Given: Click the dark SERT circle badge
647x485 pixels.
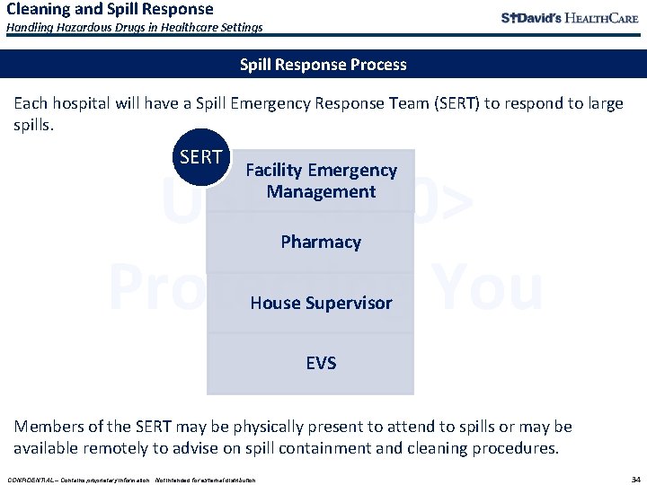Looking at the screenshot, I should tap(200, 157).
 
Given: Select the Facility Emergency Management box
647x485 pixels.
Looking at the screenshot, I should tap(321, 181).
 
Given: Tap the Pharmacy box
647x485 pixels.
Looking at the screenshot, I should tap(321, 242).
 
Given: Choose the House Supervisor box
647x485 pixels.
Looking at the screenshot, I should tap(321, 303).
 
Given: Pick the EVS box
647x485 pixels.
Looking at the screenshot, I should tap(321, 363).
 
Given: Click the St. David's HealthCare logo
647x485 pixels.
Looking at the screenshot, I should tap(570, 18).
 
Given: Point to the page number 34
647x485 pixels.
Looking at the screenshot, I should tap(635, 479).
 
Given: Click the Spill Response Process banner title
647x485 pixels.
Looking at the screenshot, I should tap(323, 65).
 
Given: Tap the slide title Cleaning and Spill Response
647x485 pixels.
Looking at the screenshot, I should tap(110, 9).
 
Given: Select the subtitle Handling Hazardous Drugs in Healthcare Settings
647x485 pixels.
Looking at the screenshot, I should tap(135, 27).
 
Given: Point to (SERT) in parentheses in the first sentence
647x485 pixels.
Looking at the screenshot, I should tap(456, 103).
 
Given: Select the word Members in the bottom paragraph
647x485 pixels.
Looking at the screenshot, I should tap(48, 427).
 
